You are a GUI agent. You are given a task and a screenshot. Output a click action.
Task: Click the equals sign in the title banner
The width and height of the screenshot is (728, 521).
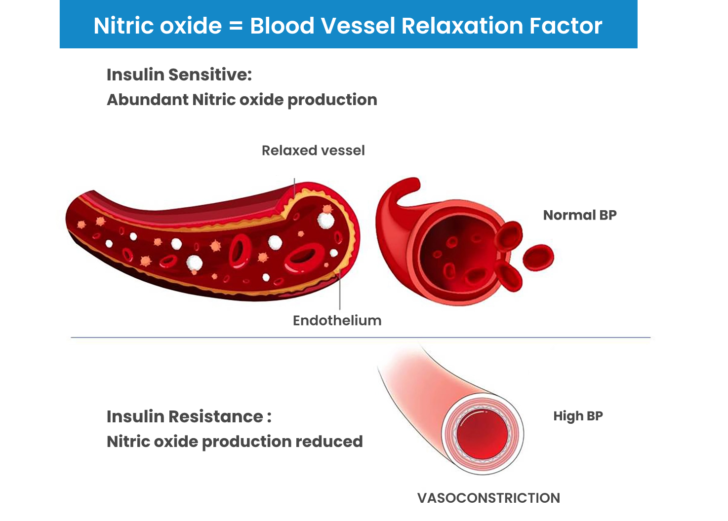click(236, 26)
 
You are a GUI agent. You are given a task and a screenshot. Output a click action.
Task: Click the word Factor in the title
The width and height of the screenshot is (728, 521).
click(566, 26)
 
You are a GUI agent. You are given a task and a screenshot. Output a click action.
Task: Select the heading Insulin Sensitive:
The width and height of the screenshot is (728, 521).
click(179, 74)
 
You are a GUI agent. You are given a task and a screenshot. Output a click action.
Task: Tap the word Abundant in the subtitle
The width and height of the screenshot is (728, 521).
click(148, 99)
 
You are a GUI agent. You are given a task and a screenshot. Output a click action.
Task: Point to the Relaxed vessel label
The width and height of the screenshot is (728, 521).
click(313, 150)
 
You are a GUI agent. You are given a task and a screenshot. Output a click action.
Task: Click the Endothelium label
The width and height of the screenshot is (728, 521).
click(337, 320)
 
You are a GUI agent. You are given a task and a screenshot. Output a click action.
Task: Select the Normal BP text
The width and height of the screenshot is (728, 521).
click(580, 215)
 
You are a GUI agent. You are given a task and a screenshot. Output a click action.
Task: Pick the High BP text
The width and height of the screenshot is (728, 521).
click(578, 416)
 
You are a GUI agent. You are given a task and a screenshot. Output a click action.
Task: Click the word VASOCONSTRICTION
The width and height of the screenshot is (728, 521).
click(489, 498)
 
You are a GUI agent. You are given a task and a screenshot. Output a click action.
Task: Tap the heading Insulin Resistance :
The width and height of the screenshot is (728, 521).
click(189, 416)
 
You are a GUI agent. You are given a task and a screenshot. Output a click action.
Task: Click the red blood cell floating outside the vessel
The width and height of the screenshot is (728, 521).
click(538, 258)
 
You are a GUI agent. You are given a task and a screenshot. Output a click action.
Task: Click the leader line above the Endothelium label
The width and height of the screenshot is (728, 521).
click(340, 290)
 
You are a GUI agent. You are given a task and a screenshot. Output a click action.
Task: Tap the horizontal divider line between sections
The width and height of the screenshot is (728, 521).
click(361, 337)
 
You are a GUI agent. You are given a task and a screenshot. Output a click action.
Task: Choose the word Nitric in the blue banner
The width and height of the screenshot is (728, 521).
click(123, 26)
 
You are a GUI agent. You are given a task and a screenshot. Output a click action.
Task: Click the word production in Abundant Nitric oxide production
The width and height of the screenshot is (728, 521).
click(332, 100)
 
